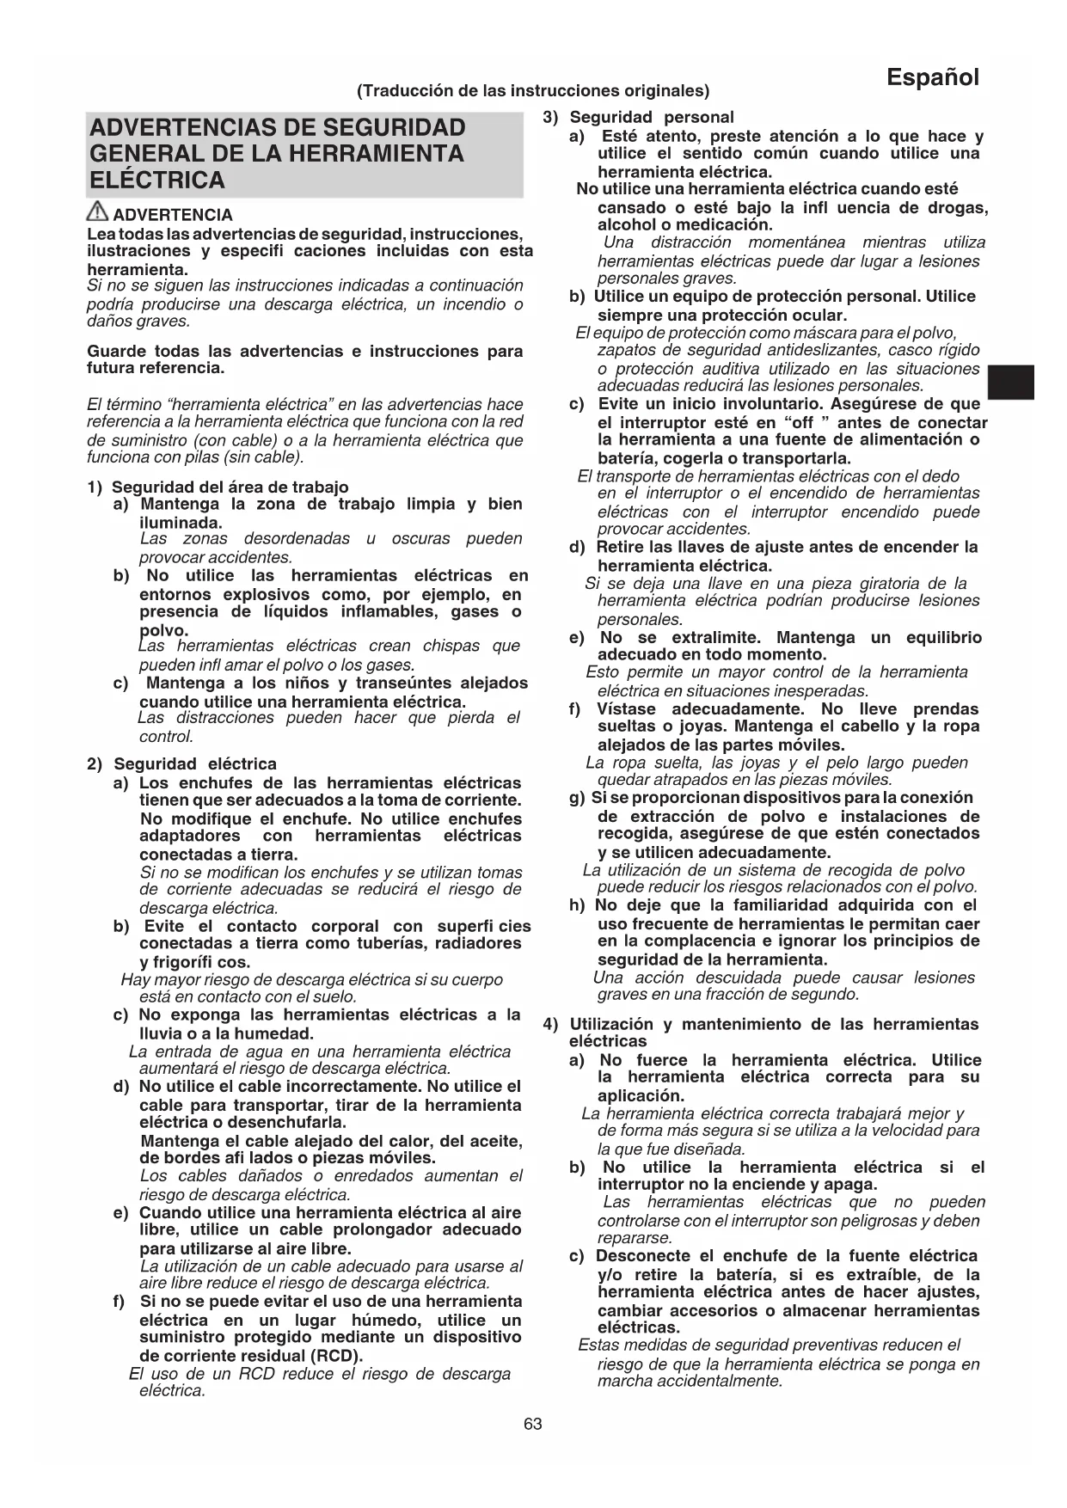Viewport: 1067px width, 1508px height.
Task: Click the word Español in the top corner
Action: click(933, 78)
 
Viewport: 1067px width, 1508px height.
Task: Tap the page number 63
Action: click(533, 1424)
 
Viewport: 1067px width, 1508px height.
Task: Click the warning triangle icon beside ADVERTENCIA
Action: click(98, 211)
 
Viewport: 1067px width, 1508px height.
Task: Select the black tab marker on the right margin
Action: click(1010, 382)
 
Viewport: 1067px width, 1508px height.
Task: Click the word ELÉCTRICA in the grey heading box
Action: click(157, 181)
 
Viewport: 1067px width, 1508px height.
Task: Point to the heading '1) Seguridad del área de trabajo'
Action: click(218, 487)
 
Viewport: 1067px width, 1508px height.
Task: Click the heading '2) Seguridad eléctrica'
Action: click(182, 763)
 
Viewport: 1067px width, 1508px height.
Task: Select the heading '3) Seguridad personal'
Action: click(639, 117)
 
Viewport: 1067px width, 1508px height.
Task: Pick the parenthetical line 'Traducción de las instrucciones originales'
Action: click(533, 90)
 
